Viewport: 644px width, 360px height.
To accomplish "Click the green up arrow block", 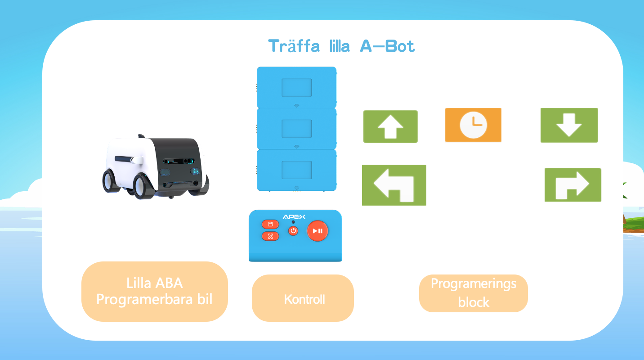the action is pyautogui.click(x=390, y=126).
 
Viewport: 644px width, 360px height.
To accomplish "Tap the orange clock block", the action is pyautogui.click(x=473, y=125).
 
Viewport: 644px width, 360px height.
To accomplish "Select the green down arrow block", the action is pyautogui.click(x=569, y=125).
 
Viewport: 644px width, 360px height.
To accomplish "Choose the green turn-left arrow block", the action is pyautogui.click(x=394, y=185).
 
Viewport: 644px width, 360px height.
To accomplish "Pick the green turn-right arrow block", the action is pyautogui.click(x=572, y=185).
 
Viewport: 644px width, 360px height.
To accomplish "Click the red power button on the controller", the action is pyautogui.click(x=293, y=231).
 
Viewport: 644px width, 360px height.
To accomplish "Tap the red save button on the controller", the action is pyautogui.click(x=270, y=224).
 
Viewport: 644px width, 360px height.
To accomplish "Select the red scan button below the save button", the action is pyautogui.click(x=270, y=236).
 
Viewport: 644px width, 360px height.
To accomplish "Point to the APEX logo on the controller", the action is pyautogui.click(x=294, y=217).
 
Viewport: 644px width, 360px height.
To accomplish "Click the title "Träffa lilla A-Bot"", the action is pyautogui.click(x=341, y=46).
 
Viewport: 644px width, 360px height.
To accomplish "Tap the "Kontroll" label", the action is pyautogui.click(x=304, y=299).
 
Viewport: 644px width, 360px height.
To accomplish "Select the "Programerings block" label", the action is pyautogui.click(x=474, y=293).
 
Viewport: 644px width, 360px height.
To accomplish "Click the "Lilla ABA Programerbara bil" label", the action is pyautogui.click(x=154, y=291).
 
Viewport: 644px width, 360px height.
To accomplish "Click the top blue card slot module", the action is pyautogui.click(x=296, y=87).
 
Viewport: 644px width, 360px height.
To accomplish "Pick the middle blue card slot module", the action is pyautogui.click(x=296, y=129).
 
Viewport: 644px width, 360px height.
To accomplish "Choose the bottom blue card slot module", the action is pyautogui.click(x=296, y=170).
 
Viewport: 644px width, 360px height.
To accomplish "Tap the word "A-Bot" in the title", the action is pyautogui.click(x=387, y=46).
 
